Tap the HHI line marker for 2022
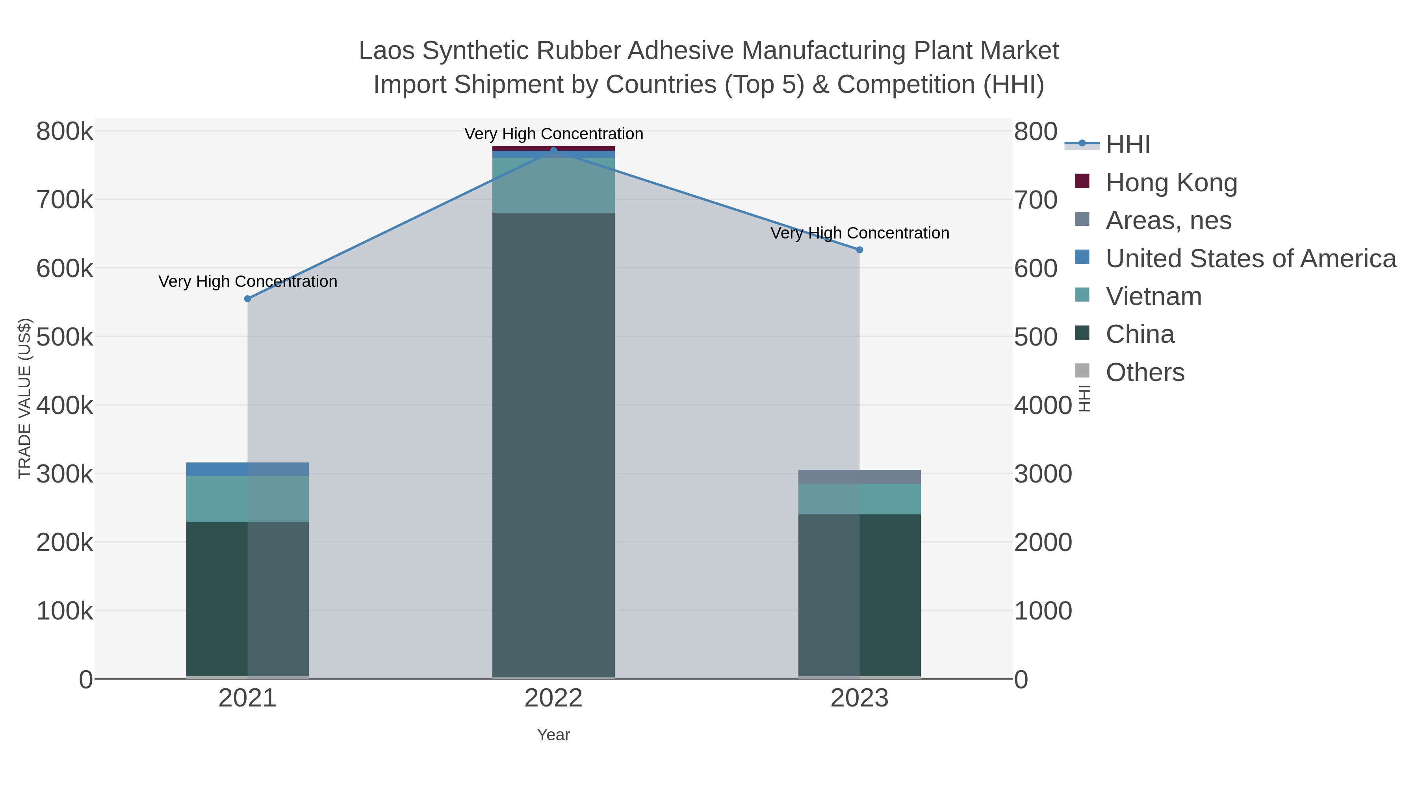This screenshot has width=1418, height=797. [x=553, y=150]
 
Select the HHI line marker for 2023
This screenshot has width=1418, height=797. [x=859, y=250]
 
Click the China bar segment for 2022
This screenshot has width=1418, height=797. [x=553, y=446]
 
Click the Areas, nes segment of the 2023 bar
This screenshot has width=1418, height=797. [x=859, y=477]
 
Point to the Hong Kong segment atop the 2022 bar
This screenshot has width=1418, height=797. [x=553, y=148]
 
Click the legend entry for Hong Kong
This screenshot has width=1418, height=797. [x=1171, y=183]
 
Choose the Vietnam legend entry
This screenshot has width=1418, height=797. [x=1153, y=296]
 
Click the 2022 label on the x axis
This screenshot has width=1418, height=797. [x=553, y=699]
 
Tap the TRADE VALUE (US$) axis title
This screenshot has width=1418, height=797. [x=25, y=398]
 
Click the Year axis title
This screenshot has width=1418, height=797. [x=553, y=735]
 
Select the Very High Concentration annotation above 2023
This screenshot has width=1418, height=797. [x=859, y=233]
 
